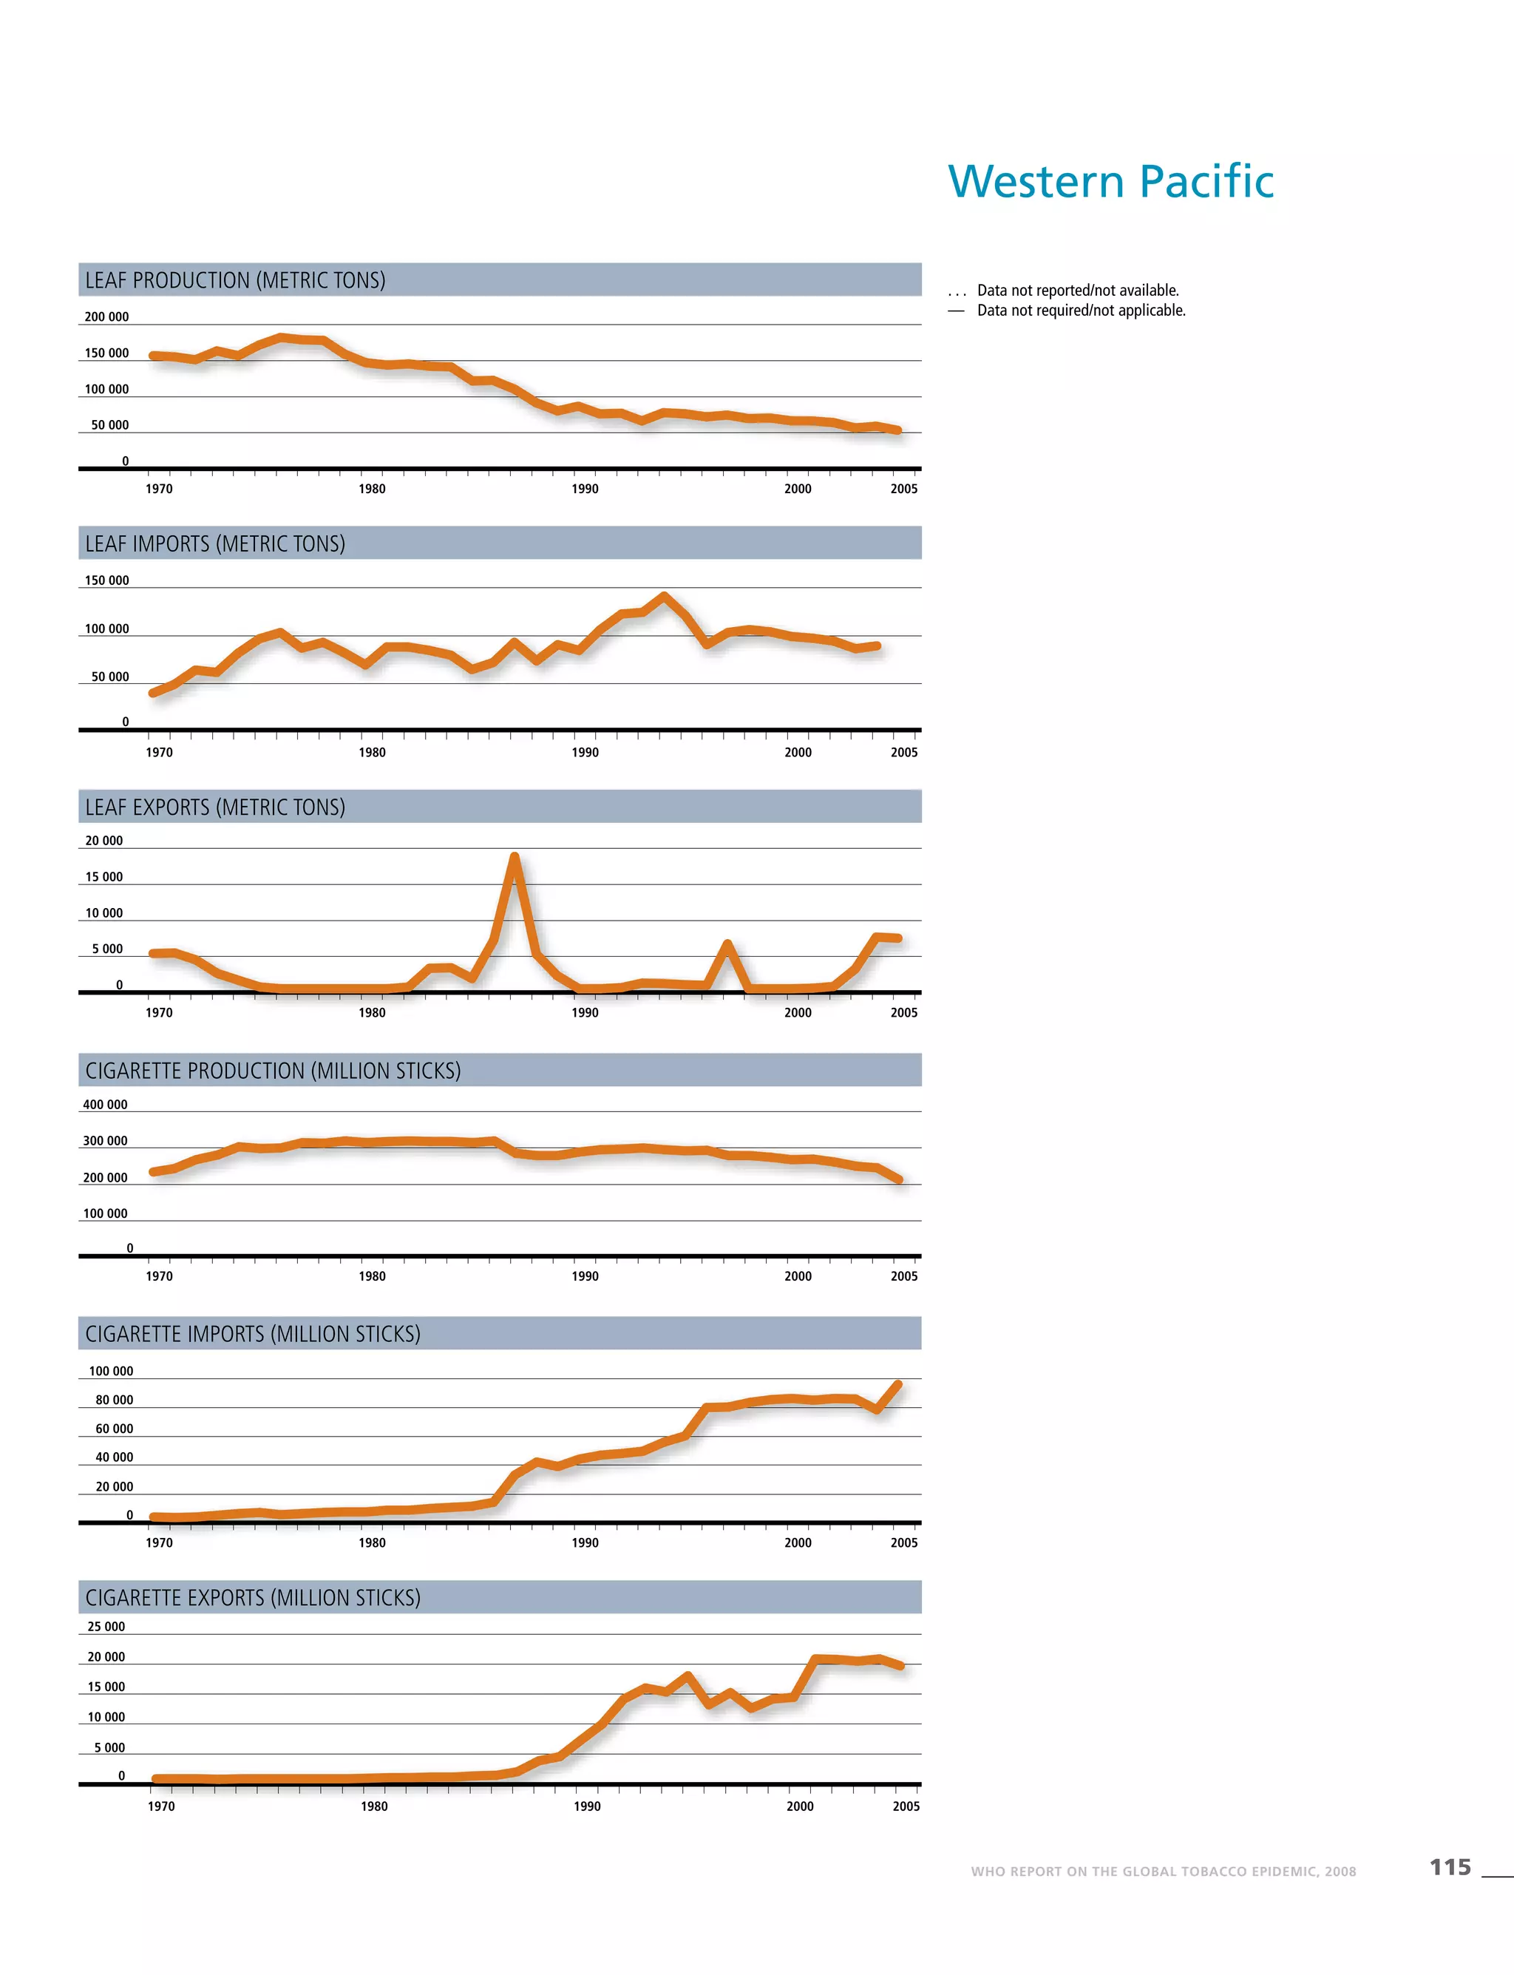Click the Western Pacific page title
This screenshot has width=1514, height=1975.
pyautogui.click(x=1110, y=181)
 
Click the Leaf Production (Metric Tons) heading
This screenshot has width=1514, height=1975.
pyautogui.click(x=235, y=280)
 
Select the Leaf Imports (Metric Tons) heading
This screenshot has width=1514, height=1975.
pyautogui.click(x=215, y=543)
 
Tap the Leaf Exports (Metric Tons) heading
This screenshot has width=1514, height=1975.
pyautogui.click(x=215, y=807)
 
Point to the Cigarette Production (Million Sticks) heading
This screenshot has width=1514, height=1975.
pyautogui.click(x=273, y=1070)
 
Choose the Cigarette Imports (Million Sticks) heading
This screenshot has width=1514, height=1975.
pyautogui.click(x=254, y=1333)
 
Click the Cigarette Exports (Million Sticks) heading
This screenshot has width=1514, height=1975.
pyautogui.click(x=254, y=1597)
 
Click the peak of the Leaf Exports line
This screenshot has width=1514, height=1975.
pyautogui.click(x=515, y=856)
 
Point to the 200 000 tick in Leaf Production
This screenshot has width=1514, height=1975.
pyautogui.click(x=106, y=317)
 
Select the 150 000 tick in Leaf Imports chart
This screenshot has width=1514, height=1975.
pyautogui.click(x=106, y=580)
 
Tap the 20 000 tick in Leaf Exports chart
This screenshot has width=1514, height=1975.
pyautogui.click(x=103, y=841)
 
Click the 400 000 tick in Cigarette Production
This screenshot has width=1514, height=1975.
pyautogui.click(x=106, y=1104)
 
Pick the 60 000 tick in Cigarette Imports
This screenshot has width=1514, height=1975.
pyautogui.click(x=115, y=1429)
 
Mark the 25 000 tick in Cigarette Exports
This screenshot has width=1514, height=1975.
pyautogui.click(x=106, y=1627)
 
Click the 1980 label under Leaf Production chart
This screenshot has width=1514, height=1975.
pyautogui.click(x=372, y=489)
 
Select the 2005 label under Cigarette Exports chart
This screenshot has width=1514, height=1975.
pyautogui.click(x=906, y=1806)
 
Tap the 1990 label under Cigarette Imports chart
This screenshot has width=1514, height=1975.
pyautogui.click(x=585, y=1542)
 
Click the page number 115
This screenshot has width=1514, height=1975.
pyautogui.click(x=1450, y=1867)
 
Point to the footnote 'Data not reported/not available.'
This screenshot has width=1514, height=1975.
pyautogui.click(x=1078, y=291)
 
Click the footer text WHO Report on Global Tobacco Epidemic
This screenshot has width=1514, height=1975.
pyautogui.click(x=1163, y=1871)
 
